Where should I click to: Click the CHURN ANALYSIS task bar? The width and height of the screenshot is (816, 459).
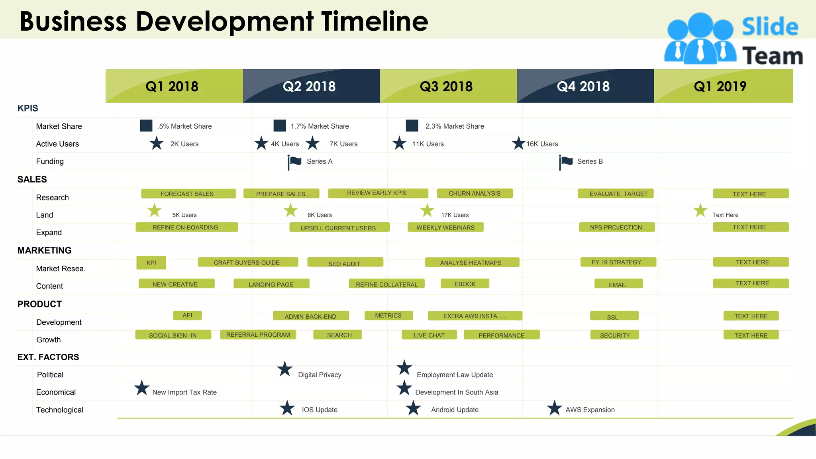(475, 193)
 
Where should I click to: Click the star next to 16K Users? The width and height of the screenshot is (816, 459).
(518, 143)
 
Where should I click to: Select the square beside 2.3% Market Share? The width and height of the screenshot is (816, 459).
(412, 126)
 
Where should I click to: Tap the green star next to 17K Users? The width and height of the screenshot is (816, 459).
(427, 210)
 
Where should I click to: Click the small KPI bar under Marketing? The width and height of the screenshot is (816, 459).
(151, 263)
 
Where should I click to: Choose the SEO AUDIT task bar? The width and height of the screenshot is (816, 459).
(345, 263)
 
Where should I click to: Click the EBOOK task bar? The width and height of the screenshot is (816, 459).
(465, 284)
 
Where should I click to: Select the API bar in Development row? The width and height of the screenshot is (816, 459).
(187, 315)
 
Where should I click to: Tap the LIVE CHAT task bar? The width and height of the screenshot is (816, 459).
(429, 335)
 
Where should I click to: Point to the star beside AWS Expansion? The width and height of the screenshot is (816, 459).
(554, 408)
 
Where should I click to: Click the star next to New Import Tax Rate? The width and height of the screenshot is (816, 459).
(141, 388)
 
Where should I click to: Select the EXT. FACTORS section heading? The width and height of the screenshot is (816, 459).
(48, 357)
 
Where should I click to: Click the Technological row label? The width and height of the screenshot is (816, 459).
(60, 410)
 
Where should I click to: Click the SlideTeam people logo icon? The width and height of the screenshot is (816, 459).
(700, 39)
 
